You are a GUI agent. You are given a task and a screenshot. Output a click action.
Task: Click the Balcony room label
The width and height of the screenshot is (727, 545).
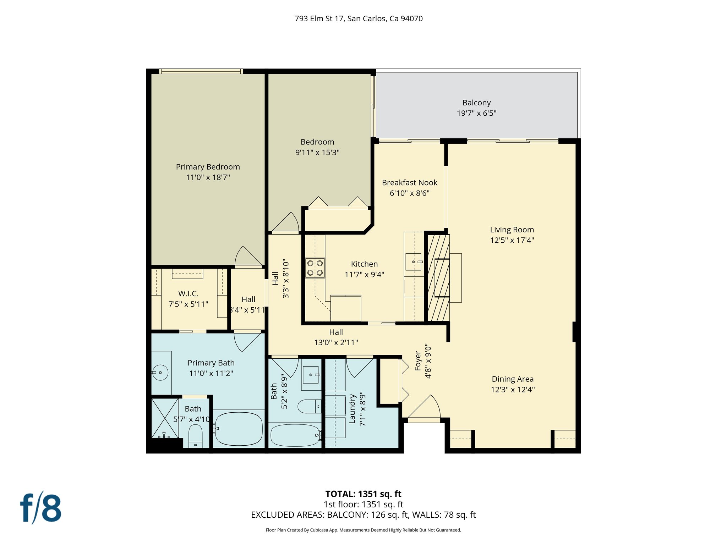476,103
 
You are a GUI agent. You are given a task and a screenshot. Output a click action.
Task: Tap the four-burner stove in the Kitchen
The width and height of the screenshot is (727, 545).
315,268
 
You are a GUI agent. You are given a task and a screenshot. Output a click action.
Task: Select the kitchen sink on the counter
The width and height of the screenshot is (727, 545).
414,262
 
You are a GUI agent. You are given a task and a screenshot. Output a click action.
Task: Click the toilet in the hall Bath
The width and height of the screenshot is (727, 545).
309,406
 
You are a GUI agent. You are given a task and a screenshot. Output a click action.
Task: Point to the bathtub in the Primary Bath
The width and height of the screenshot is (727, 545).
239,429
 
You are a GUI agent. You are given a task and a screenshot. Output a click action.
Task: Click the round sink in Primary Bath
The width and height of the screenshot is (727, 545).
160,373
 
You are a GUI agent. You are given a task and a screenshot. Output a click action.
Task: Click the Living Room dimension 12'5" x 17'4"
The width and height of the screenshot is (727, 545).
512,240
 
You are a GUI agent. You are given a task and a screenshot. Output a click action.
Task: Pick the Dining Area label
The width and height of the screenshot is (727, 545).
513,379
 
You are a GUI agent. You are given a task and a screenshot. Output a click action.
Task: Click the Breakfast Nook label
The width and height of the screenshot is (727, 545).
410,183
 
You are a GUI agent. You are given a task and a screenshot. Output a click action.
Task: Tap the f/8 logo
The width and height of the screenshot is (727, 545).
40,508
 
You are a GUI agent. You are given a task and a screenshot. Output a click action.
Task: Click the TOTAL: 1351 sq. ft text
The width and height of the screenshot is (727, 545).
363,494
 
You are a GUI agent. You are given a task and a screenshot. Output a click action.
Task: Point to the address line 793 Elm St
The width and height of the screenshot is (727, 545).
359,18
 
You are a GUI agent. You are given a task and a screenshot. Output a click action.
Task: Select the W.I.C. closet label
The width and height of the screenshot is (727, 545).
188,294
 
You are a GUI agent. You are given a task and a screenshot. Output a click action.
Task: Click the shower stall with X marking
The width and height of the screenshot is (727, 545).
165,418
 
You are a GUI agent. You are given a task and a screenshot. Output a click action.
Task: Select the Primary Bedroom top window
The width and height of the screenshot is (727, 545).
201,71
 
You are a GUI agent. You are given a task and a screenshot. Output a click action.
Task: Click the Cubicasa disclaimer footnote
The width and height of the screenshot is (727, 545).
363,530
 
